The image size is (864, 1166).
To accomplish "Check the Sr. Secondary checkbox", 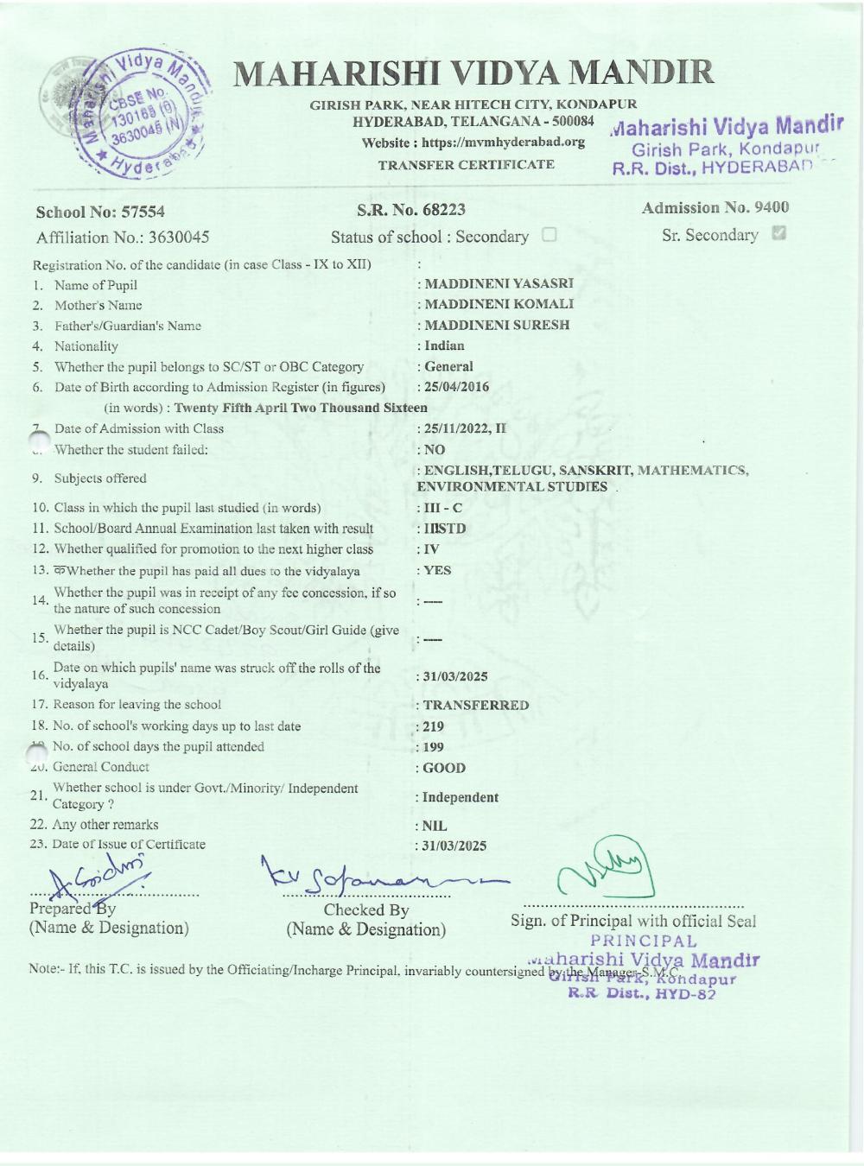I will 780,234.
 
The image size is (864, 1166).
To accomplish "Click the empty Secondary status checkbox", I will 550,235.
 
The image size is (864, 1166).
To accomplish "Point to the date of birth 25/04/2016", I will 456,387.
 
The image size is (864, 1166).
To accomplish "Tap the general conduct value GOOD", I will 444,768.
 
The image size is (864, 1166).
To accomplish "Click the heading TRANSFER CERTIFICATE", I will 467,164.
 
